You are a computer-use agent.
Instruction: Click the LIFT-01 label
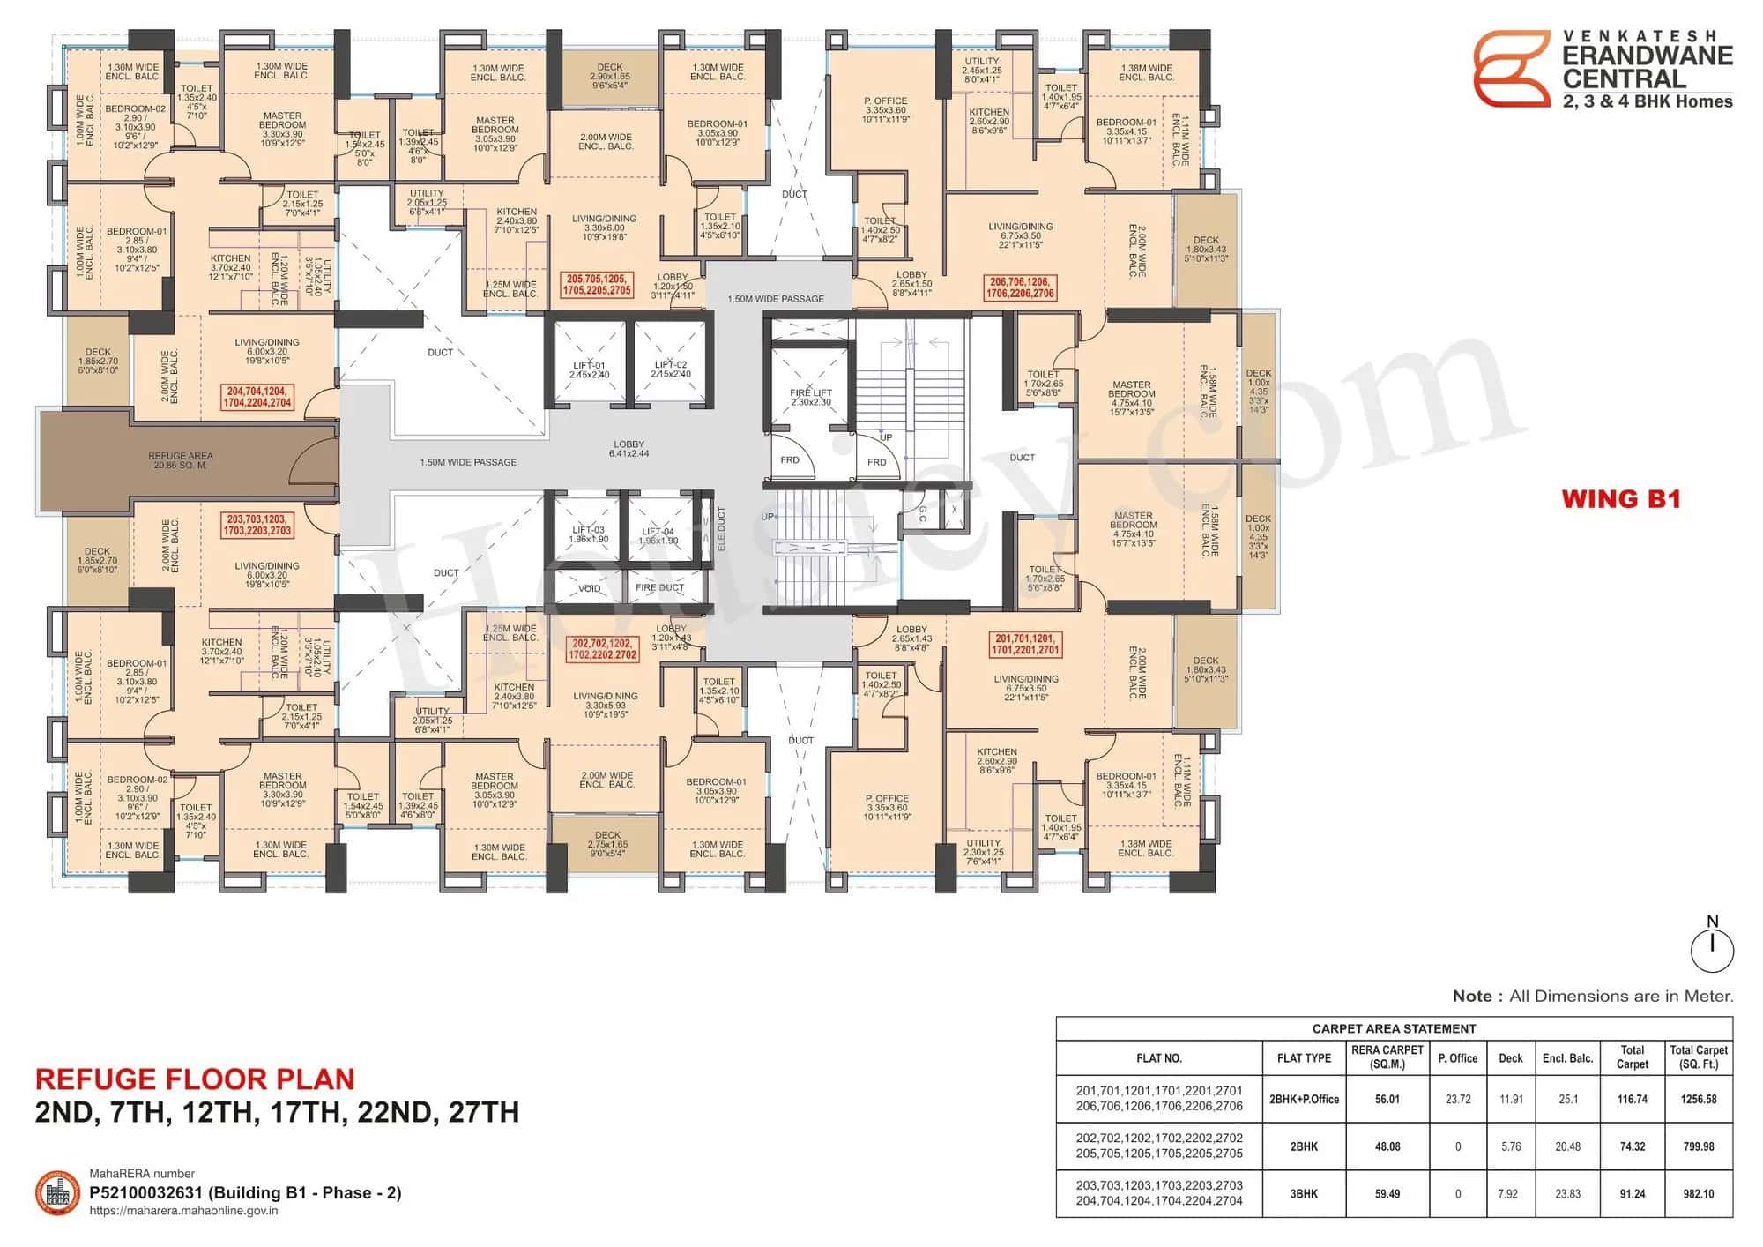pos(589,370)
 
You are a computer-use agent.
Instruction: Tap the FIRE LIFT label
pos(810,397)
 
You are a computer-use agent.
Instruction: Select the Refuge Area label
pos(181,460)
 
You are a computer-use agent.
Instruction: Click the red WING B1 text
pos(1620,499)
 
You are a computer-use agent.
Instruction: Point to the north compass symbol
pos(1712,948)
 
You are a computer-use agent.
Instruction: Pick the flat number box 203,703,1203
pos(257,526)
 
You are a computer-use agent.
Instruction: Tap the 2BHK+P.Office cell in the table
pos(1304,1099)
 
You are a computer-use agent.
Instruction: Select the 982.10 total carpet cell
pos(1698,1193)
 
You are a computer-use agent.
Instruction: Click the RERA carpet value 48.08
pos(1387,1146)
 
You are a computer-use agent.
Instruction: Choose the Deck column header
pos(1510,1057)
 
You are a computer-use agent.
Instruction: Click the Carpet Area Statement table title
pos(1394,1028)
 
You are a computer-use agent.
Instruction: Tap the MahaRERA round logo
pos(58,1192)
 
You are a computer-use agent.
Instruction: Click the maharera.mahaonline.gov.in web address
pos(184,1211)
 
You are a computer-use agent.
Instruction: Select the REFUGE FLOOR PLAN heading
pos(195,1079)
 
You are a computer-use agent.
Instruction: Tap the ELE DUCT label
pos(721,529)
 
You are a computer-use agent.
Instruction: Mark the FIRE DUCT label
pos(659,587)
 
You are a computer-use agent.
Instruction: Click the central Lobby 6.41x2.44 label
pos(629,449)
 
